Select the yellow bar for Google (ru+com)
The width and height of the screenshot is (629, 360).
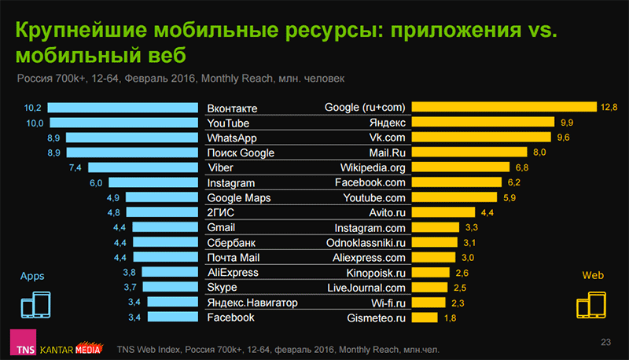click(504, 108)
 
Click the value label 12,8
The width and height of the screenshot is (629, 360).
click(609, 108)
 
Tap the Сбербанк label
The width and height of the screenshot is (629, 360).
click(231, 242)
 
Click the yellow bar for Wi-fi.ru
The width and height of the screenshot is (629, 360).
click(429, 303)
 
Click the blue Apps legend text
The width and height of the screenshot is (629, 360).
click(32, 277)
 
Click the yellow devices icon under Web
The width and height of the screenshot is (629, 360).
click(591, 305)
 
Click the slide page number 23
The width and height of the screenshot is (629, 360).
click(605, 341)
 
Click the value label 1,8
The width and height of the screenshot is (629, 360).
click(451, 318)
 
